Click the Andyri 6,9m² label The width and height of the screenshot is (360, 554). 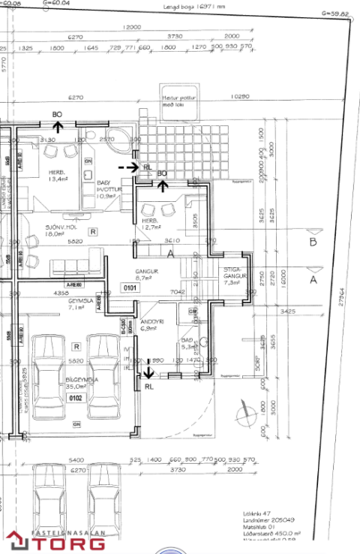click(150, 325)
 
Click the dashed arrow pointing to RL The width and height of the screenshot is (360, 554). click(130, 166)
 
